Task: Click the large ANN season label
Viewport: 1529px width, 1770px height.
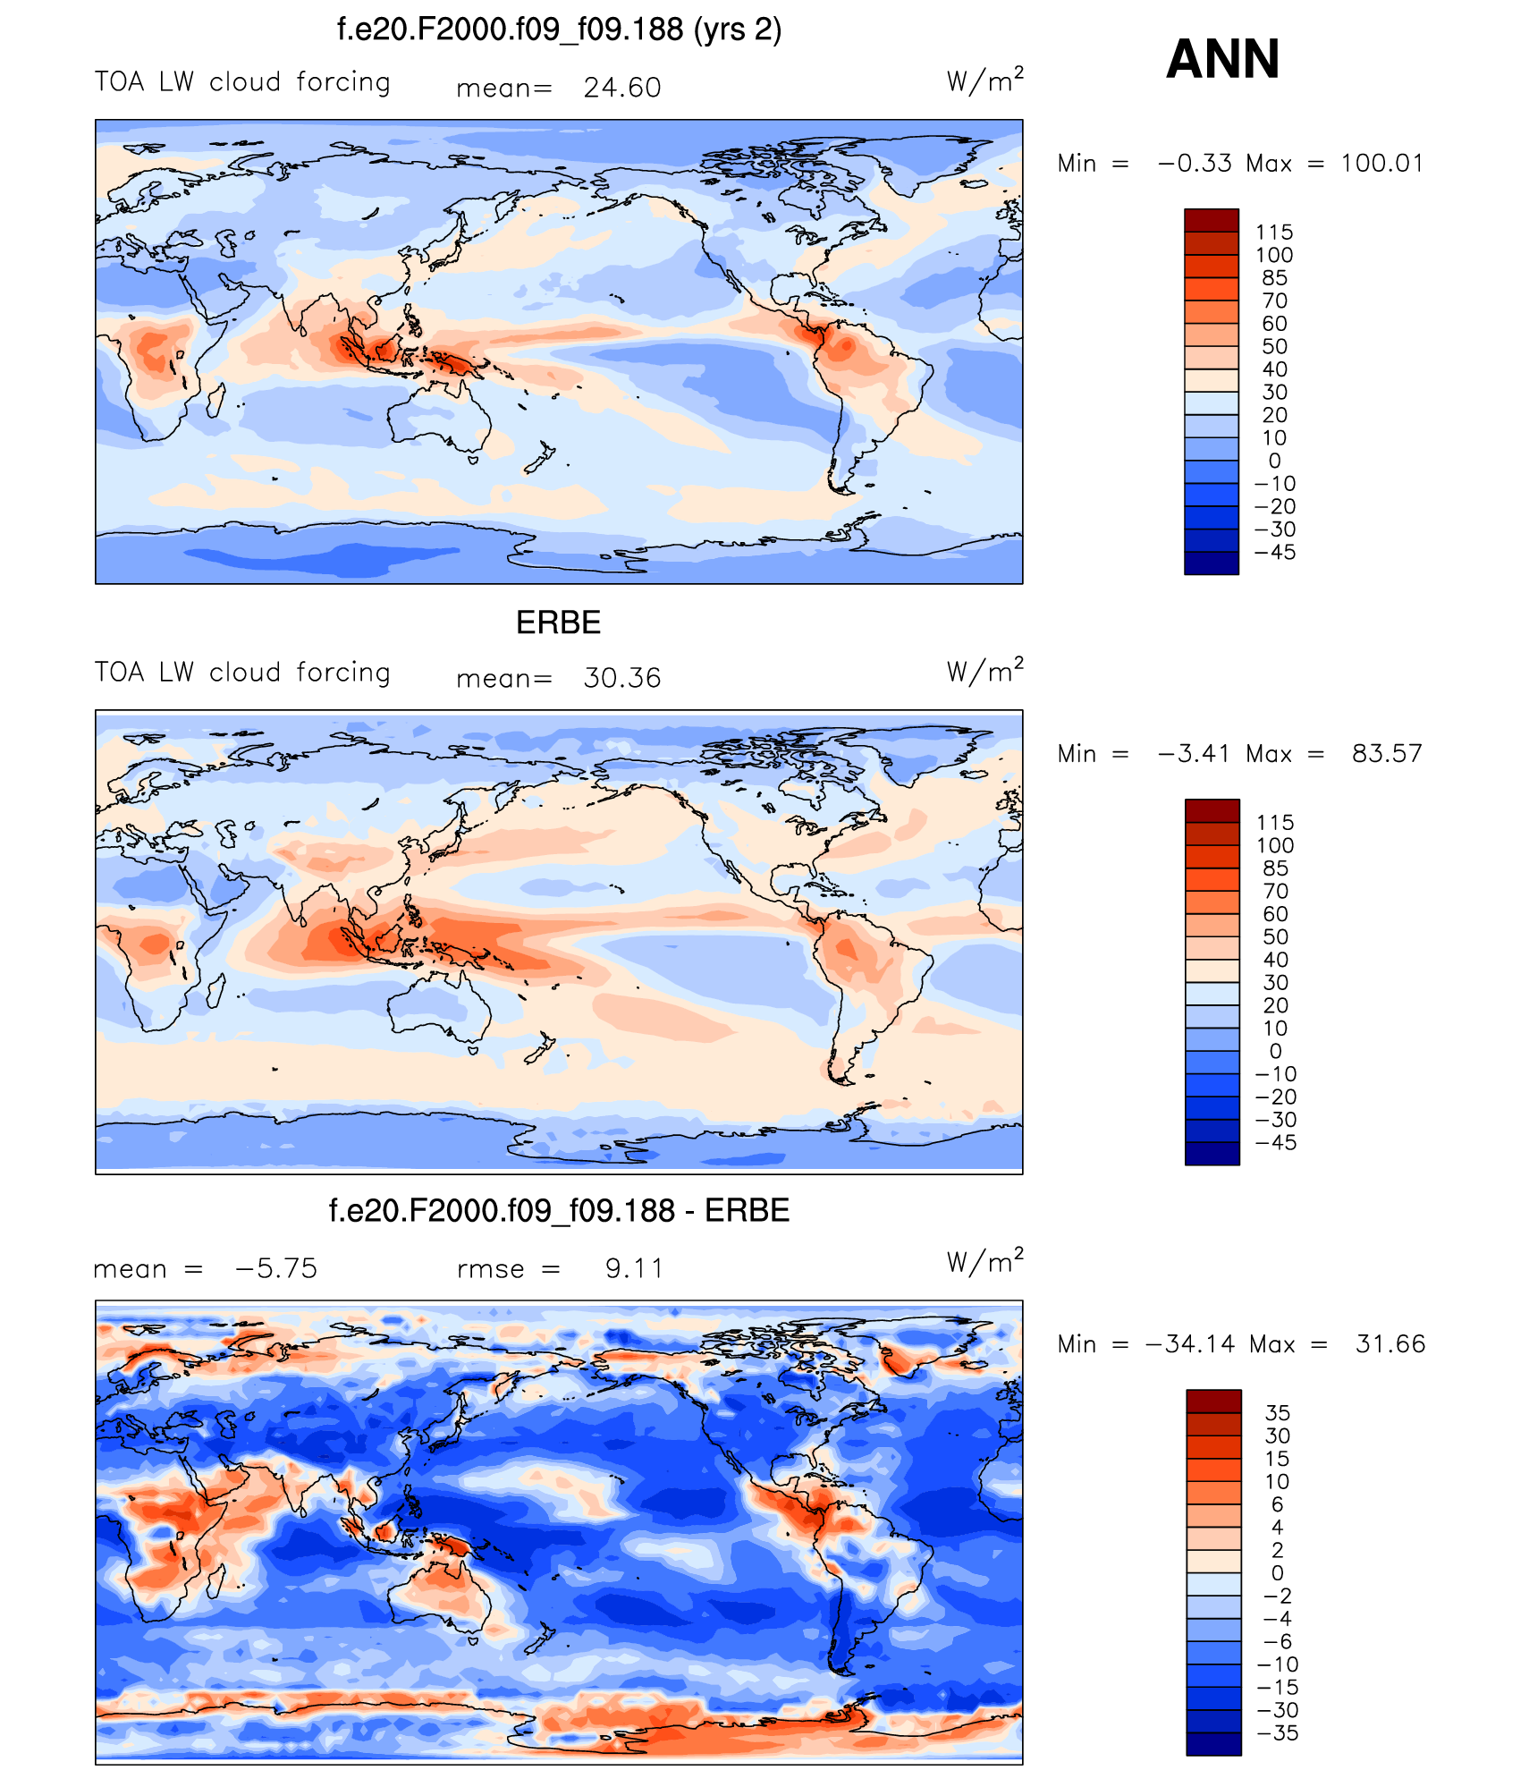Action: click(1222, 59)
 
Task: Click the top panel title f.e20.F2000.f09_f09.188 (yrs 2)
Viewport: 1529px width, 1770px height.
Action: click(559, 30)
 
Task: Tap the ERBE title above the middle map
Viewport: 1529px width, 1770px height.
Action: click(558, 622)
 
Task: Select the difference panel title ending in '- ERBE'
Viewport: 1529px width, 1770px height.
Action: click(559, 1210)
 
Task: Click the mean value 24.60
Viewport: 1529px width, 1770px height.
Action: click(622, 88)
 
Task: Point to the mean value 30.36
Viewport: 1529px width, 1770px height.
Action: click(622, 678)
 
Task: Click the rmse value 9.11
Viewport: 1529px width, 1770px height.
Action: click(634, 1268)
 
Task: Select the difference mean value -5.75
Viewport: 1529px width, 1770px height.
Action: click(276, 1268)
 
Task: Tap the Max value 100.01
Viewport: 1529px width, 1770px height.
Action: click(1381, 163)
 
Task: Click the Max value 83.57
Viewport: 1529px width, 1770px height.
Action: click(1387, 753)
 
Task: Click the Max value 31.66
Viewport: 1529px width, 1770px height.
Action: click(1390, 1343)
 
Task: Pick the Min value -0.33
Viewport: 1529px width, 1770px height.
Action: click(1195, 163)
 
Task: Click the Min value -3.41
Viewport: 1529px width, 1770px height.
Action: click(1195, 753)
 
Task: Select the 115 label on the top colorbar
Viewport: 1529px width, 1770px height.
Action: click(1274, 233)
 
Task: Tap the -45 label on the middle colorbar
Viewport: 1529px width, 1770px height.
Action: click(1276, 1142)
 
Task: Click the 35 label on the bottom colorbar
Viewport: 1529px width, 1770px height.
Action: click(1278, 1413)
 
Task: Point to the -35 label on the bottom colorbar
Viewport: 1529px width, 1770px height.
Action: click(1278, 1732)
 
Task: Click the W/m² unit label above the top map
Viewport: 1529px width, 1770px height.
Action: click(984, 80)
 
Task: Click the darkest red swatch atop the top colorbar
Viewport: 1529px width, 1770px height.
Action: click(1212, 220)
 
